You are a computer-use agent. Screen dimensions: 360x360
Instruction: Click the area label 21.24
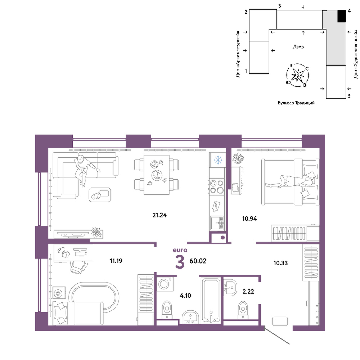pos(159,215)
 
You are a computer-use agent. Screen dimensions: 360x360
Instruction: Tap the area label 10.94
pos(249,219)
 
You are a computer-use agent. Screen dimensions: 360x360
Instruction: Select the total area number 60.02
pos(198,261)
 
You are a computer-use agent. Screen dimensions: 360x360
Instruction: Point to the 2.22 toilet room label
pos(248,291)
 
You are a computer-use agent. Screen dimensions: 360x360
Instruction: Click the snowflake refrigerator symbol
pos(218,160)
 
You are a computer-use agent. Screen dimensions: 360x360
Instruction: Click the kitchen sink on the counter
pos(217,223)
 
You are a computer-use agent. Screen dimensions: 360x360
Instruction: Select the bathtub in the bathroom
pos(211,300)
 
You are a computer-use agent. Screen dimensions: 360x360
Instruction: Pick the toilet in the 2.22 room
pos(243,310)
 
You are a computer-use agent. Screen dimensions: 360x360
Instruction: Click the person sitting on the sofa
pos(84,169)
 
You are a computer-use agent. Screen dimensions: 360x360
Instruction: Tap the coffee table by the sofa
pos(100,195)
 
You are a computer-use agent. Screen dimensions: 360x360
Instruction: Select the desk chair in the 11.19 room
pos(78,267)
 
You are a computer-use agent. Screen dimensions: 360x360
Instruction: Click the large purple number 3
pos(180,262)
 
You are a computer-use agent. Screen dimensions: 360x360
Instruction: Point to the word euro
pos(180,250)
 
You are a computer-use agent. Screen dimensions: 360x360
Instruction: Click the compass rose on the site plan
pos(298,75)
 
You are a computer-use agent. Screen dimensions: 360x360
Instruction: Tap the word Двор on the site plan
pos(298,47)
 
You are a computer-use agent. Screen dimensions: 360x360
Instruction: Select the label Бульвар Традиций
pos(296,103)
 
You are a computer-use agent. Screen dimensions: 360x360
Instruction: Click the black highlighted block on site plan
pos(342,16)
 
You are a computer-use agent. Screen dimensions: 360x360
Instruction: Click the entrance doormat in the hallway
pos(280,321)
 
